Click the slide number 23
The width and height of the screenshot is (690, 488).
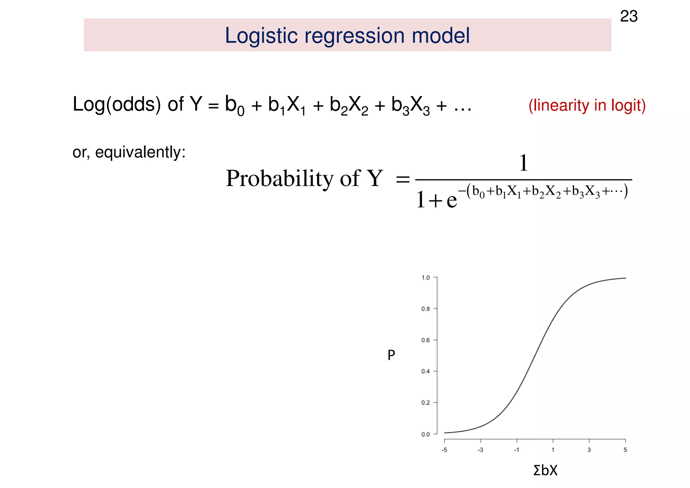[629, 17]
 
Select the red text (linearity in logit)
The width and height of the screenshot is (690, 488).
[587, 106]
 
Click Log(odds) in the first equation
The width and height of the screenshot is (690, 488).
[117, 104]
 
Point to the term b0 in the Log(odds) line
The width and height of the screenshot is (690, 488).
[234, 106]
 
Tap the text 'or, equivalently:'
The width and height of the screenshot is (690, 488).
[129, 152]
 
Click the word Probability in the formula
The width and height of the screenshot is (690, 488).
[279, 178]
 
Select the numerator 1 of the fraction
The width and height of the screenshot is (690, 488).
[523, 163]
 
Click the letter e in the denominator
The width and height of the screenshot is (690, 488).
[451, 200]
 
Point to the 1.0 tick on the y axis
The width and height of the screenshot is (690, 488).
[426, 278]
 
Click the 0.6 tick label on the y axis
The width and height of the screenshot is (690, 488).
[426, 340]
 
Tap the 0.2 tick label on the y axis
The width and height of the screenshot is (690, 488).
[426, 403]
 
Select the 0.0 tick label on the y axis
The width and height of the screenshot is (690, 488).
[426, 434]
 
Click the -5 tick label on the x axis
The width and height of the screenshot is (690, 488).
[444, 450]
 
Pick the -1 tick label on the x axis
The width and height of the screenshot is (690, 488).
[516, 450]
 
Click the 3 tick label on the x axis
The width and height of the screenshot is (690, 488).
[589, 450]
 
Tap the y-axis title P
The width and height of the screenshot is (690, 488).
[391, 355]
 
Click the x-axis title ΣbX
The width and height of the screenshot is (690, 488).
[545, 470]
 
